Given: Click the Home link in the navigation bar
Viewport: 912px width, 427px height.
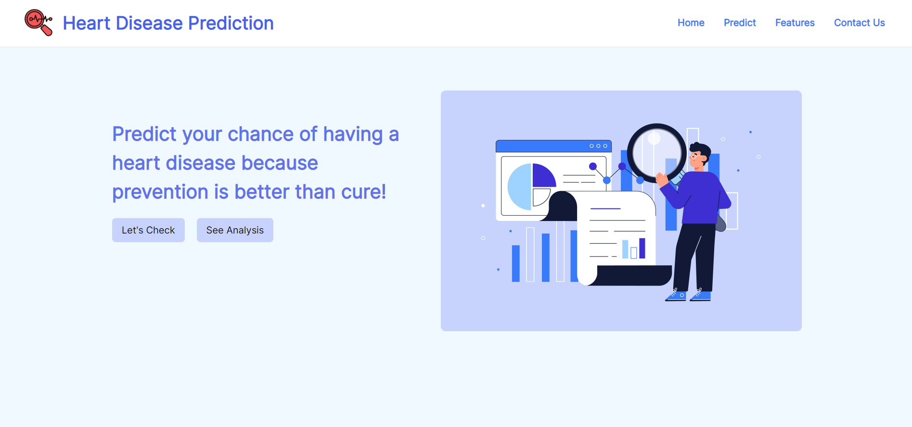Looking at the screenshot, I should (x=691, y=23).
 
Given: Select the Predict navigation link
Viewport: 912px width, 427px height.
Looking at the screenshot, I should (x=740, y=23).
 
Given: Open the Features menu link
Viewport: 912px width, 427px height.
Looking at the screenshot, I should (x=795, y=23).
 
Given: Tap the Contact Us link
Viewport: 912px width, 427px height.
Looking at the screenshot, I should (x=859, y=23).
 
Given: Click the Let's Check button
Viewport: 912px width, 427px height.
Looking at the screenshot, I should (x=148, y=230).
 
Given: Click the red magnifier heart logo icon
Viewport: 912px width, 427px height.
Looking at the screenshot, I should (x=38, y=22).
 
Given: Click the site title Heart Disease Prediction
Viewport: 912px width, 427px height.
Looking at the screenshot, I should (x=168, y=23).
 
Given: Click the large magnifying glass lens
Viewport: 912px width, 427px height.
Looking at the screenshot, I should (x=656, y=153).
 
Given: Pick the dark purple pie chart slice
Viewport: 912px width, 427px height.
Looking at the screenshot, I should (x=543, y=176).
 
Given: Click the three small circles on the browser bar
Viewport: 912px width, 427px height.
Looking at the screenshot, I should (x=598, y=146).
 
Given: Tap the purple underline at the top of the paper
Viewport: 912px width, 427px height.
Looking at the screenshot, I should (x=605, y=208).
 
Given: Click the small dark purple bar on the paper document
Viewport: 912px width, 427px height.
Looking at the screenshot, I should (x=642, y=248).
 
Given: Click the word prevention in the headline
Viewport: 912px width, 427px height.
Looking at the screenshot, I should (x=161, y=192).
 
